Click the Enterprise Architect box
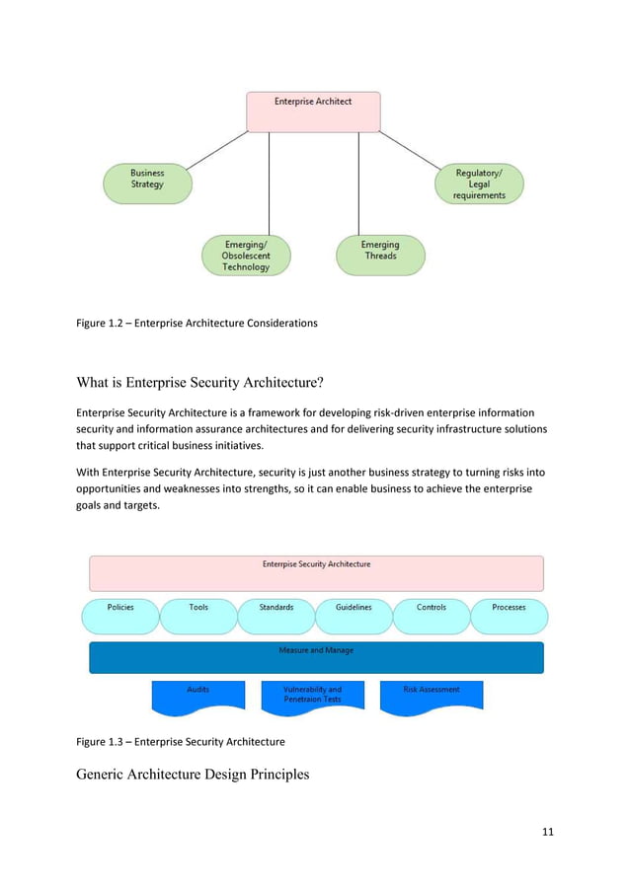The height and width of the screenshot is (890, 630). coord(313,111)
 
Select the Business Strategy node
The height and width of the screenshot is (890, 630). coord(147,184)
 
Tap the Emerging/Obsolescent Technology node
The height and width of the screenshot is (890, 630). coord(245,256)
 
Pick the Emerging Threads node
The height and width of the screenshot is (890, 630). coord(380,255)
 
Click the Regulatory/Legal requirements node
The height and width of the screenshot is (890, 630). coord(479,185)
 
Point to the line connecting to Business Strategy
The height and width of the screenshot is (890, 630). coord(218,149)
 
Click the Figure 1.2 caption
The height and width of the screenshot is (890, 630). coord(197,323)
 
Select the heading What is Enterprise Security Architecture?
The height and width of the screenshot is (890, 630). coord(217,383)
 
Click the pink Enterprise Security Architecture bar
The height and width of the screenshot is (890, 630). coord(316,573)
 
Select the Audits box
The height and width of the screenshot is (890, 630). coord(198,696)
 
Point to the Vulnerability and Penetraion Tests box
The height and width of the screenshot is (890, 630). coord(313,696)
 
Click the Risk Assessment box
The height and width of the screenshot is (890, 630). coord(432,696)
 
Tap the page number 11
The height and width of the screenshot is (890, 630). coord(548,832)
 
